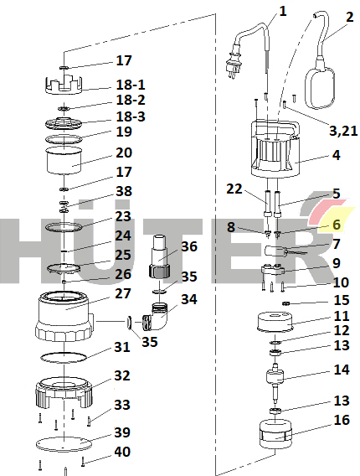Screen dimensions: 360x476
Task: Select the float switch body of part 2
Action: pyautogui.click(x=321, y=87)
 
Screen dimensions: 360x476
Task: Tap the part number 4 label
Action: pyautogui.click(x=337, y=155)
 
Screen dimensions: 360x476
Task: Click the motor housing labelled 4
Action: pyautogui.click(x=275, y=149)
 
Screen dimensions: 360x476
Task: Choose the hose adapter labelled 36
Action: pyautogui.click(x=159, y=256)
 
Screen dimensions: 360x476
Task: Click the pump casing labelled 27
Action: pyautogui.click(x=64, y=316)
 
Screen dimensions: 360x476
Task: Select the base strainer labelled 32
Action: pyautogui.click(x=64, y=392)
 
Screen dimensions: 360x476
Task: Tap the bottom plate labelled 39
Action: pyautogui.click(x=64, y=444)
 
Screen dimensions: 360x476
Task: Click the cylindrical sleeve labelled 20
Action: pyautogui.click(x=64, y=161)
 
